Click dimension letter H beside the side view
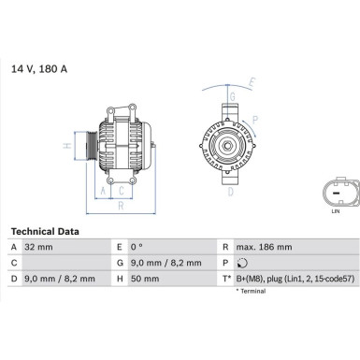coord(66,145)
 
